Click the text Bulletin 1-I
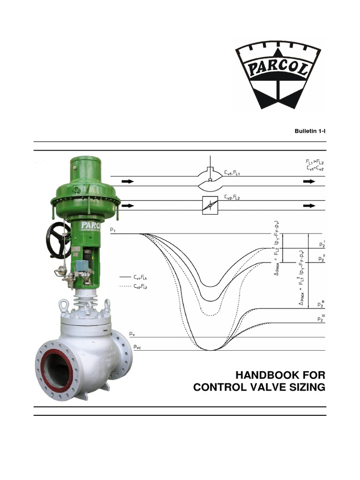tap(310, 131)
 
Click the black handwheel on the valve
tap(58, 240)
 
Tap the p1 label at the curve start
tap(113, 230)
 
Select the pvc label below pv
tap(136, 346)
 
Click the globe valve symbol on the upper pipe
tap(210, 180)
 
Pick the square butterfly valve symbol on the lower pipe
tap(210, 205)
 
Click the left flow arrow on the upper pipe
tap(127, 181)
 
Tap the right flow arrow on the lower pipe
tap(309, 205)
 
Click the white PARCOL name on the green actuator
tap(92, 224)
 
